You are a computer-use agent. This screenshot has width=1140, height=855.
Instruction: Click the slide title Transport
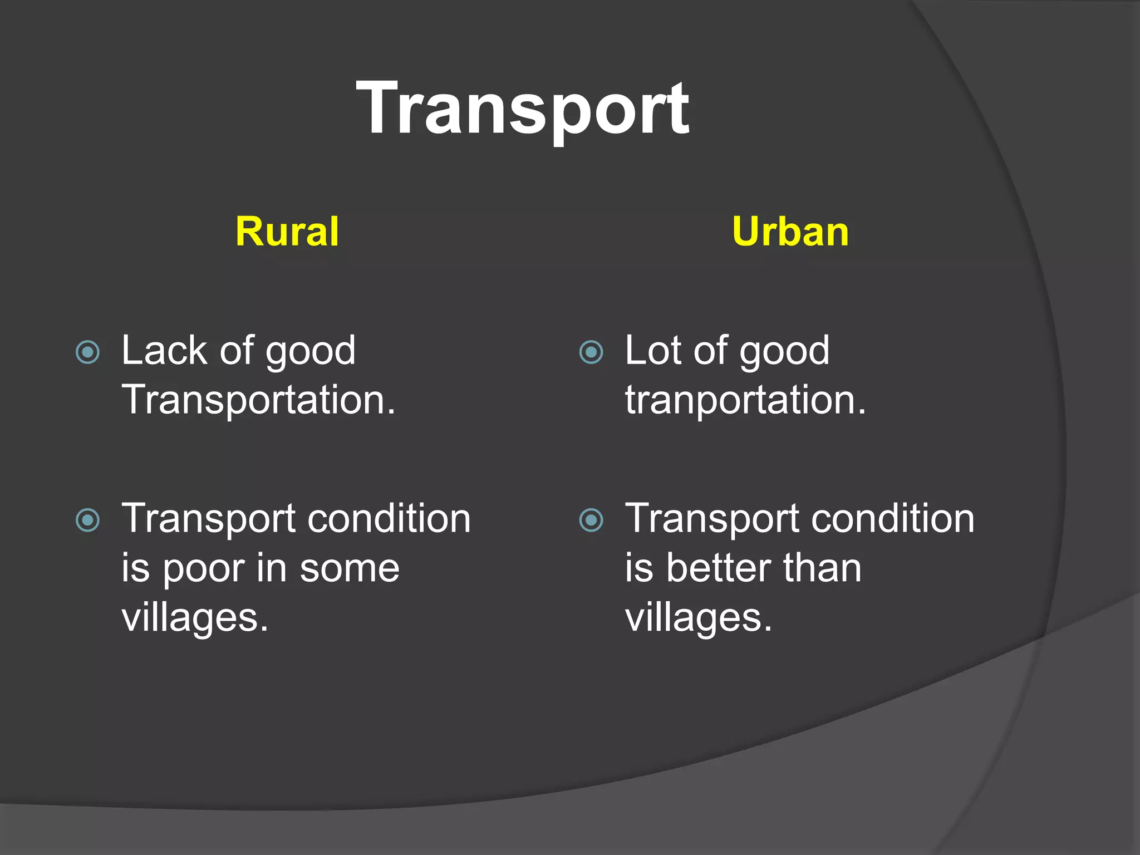pos(523,108)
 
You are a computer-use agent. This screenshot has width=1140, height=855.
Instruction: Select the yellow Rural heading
pos(287,232)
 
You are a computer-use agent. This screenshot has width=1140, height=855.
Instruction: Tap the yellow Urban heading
pos(790,232)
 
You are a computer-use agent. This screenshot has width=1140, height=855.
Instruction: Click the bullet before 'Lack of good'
pos(87,352)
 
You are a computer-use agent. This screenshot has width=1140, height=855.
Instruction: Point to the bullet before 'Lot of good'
pos(591,352)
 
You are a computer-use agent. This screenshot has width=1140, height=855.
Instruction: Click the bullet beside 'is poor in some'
pos(87,520)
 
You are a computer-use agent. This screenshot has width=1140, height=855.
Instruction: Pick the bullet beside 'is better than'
pos(591,520)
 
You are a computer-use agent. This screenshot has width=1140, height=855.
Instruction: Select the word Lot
pos(655,351)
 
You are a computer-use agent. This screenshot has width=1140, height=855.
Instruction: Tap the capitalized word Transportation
pos(258,400)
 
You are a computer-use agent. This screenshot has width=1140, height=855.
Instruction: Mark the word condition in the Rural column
pos(389,519)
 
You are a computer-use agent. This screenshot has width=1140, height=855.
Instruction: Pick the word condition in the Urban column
pos(893,519)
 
